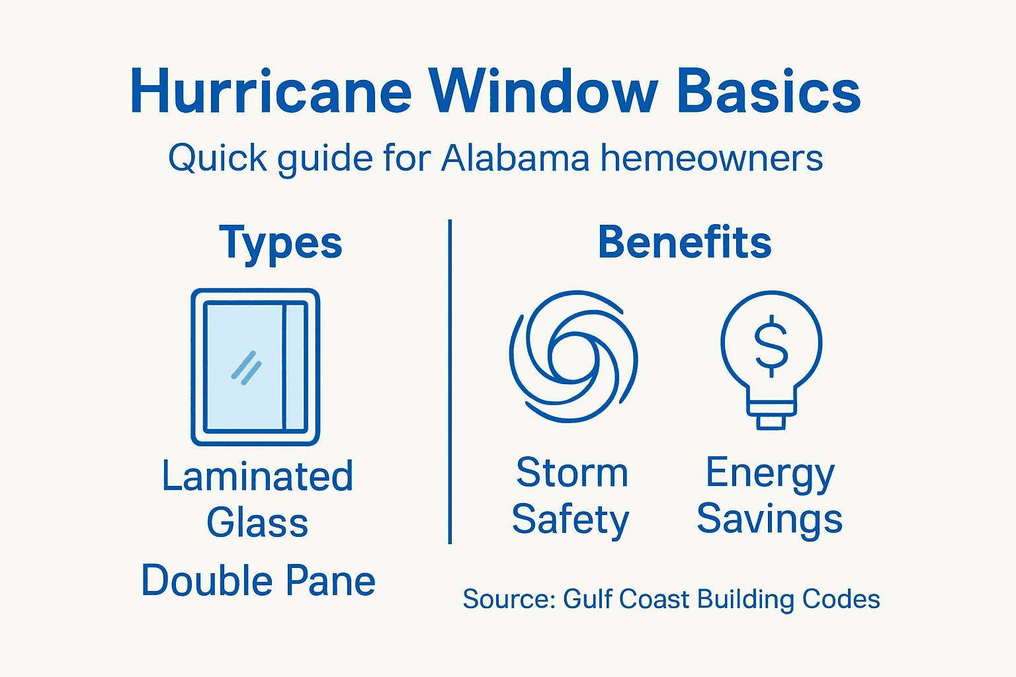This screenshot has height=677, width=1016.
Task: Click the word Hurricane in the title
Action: (271, 92)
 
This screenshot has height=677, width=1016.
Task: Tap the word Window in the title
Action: (542, 92)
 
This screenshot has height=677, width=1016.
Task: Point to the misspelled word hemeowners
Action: (711, 159)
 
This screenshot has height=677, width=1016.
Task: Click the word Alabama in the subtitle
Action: (515, 159)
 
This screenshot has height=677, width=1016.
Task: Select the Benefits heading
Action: (685, 243)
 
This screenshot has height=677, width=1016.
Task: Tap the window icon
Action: (255, 367)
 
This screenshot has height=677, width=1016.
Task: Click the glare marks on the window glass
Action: (246, 368)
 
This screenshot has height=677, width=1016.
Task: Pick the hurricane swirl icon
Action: (573, 356)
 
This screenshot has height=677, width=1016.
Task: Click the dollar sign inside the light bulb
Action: (771, 344)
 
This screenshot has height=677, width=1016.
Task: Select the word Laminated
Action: (257, 476)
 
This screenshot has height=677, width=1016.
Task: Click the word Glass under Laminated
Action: (257, 523)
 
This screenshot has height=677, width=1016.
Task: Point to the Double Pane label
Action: (258, 581)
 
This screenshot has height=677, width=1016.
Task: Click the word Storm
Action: (571, 473)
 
